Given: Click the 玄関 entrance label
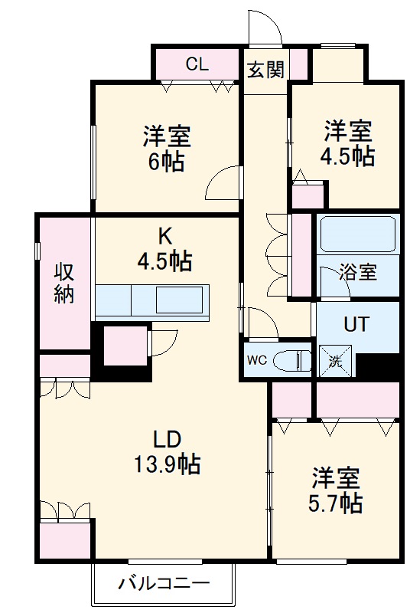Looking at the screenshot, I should point(265,70).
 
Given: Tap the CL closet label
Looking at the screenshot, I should point(197,64).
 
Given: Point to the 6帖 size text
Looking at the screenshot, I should point(166,162).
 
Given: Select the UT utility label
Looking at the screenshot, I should point(356,323).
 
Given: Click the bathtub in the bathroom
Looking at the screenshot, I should point(358,233).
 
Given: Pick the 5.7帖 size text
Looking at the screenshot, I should point(337,503).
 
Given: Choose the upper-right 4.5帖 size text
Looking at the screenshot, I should point(347,156).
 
